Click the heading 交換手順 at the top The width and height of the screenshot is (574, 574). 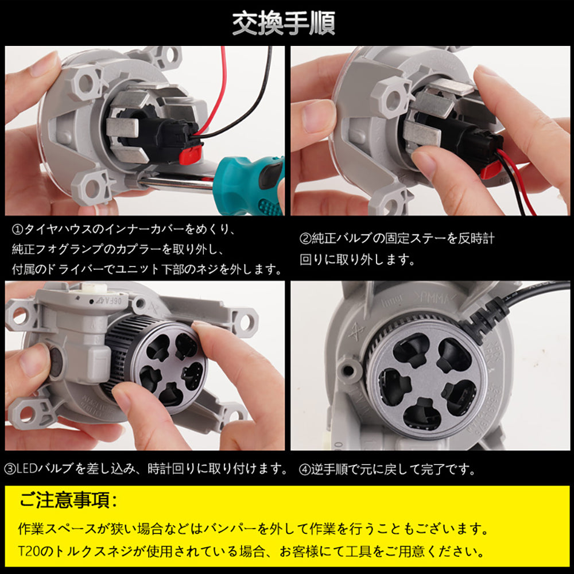click(284, 24)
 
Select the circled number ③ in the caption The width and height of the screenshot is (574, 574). click(10, 469)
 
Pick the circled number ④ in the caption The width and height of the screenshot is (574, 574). click(305, 469)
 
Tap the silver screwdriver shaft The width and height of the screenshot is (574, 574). click(172, 183)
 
